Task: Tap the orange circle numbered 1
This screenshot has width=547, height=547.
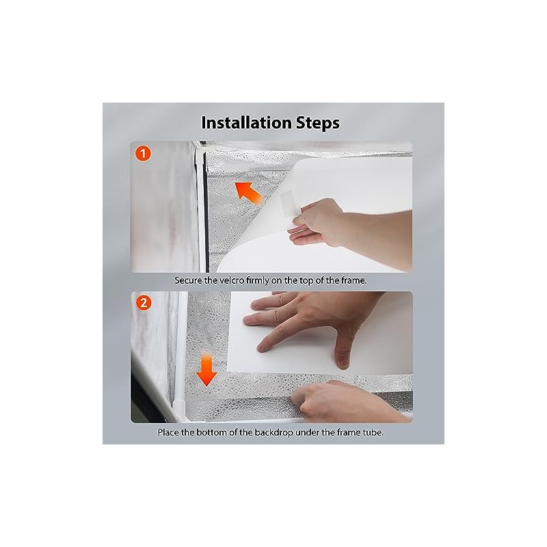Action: [143, 153]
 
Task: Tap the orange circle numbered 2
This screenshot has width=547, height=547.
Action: [144, 303]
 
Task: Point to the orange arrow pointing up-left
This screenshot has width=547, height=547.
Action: [248, 193]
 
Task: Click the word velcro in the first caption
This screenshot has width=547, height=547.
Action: [232, 280]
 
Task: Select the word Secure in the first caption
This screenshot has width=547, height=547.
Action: [187, 280]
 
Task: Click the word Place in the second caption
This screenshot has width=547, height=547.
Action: [168, 433]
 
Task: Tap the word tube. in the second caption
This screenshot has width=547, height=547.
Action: [373, 433]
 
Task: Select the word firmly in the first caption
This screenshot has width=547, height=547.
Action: [258, 280]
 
